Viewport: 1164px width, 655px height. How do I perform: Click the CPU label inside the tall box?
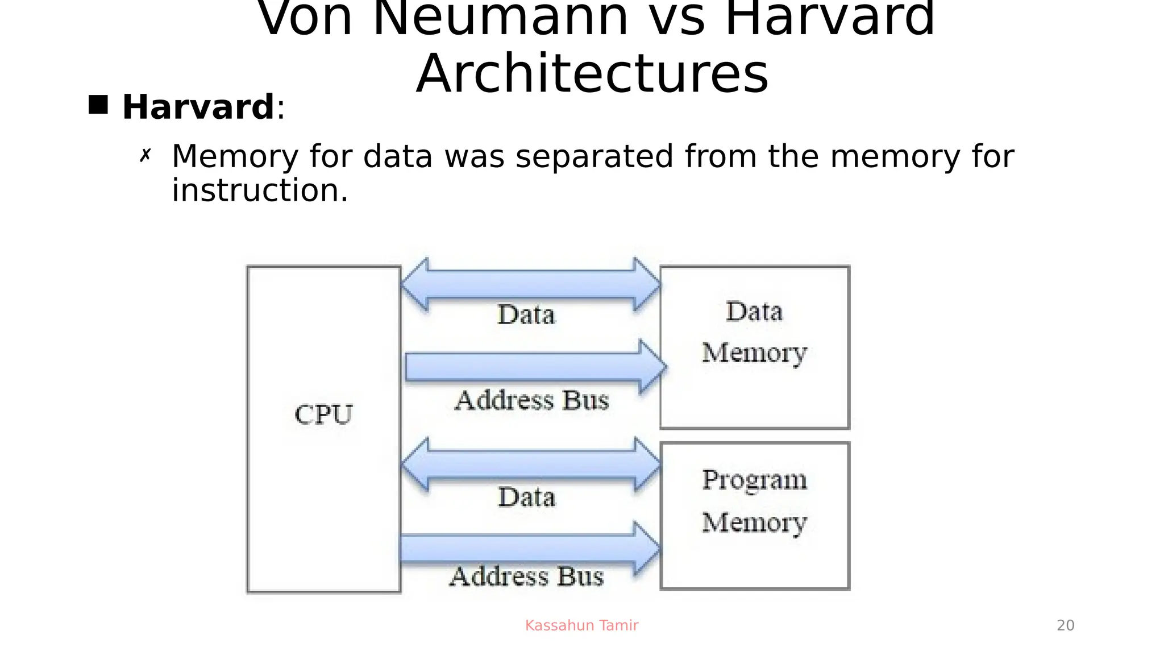[323, 414]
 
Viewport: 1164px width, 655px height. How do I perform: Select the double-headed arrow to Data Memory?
[531, 284]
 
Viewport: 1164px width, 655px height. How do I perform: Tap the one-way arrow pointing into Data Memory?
[534, 367]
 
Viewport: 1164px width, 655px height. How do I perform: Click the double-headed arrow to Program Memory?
[531, 465]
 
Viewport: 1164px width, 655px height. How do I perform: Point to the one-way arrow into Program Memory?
[529, 548]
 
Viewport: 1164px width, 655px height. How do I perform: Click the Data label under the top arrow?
[526, 314]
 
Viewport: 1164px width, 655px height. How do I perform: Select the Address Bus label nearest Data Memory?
[531, 400]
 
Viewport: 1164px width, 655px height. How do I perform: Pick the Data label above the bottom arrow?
[526, 497]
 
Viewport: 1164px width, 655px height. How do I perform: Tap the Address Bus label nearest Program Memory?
[526, 576]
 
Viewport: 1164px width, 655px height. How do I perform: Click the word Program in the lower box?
[754, 480]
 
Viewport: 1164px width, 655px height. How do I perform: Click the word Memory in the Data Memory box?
[754, 353]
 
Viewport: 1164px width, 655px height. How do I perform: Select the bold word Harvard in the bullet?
[198, 107]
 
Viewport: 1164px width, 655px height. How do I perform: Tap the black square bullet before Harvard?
[98, 105]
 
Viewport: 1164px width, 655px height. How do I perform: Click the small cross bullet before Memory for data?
[145, 155]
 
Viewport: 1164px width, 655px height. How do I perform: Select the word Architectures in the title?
[592, 74]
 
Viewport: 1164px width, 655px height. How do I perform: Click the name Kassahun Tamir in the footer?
[581, 625]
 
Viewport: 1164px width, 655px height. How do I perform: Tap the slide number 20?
[1065, 625]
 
